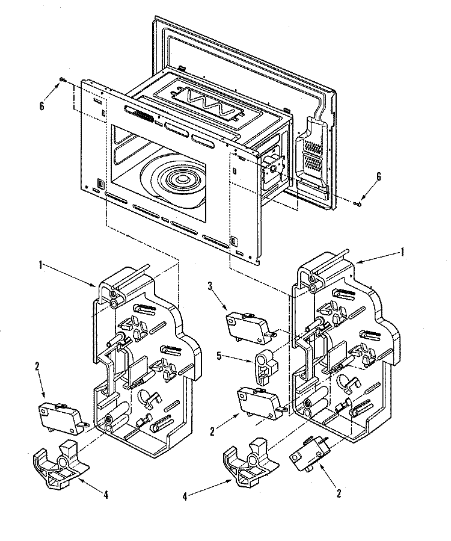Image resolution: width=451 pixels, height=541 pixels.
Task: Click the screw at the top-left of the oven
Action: coord(62,79)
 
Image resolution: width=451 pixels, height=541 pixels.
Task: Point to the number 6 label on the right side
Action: coord(378,178)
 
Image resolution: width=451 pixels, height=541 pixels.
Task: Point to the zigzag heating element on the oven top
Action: coord(207,104)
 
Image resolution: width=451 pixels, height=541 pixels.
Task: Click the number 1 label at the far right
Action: coord(402,253)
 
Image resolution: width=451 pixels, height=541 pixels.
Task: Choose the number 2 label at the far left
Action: coord(37,365)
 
